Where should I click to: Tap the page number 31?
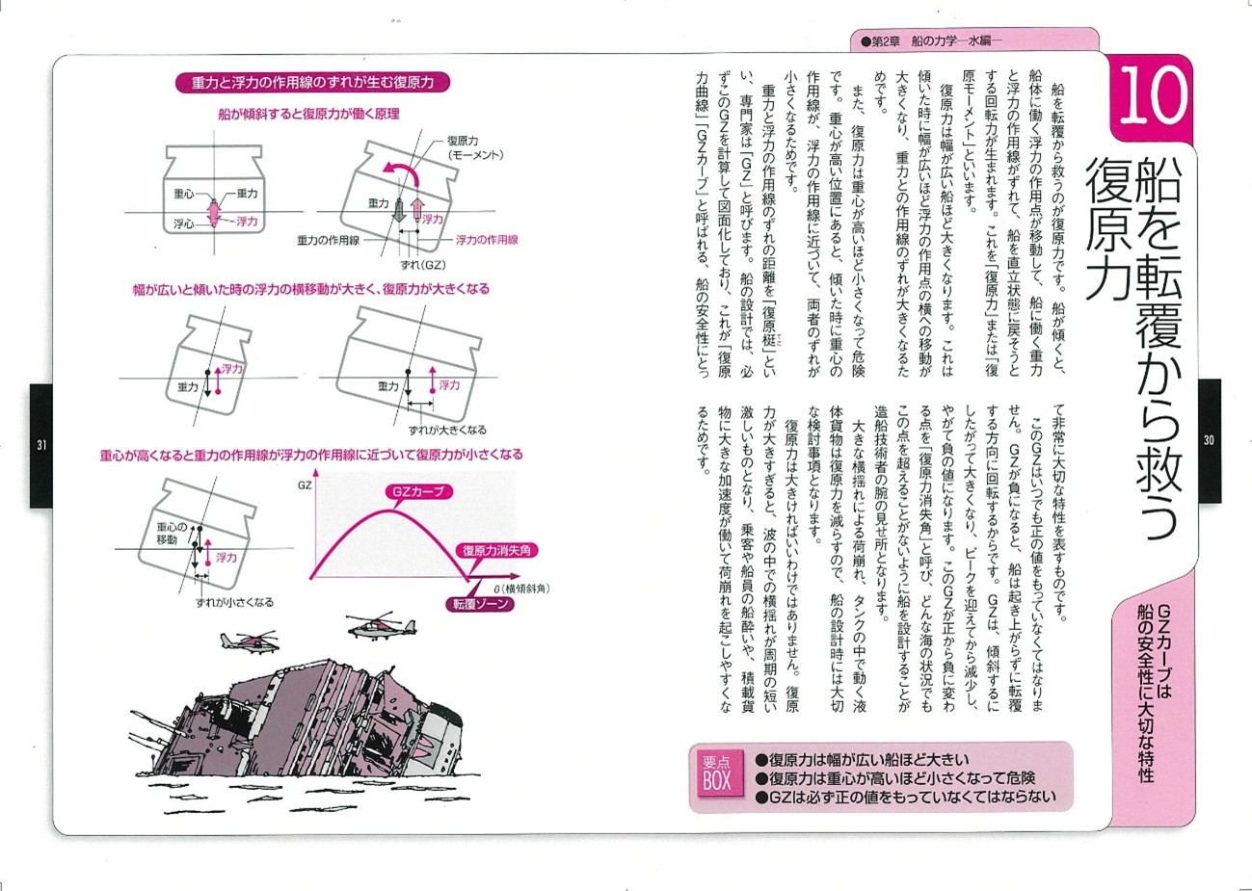[41, 444]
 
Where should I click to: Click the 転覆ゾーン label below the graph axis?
[479, 604]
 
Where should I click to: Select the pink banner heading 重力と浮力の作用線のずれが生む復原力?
[313, 83]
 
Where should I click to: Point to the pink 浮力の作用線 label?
[487, 239]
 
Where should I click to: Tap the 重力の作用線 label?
[328, 240]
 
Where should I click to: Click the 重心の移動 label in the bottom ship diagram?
[173, 534]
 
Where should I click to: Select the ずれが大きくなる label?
[447, 430]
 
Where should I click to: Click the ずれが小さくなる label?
[234, 602]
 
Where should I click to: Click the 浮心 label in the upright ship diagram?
[184, 222]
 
